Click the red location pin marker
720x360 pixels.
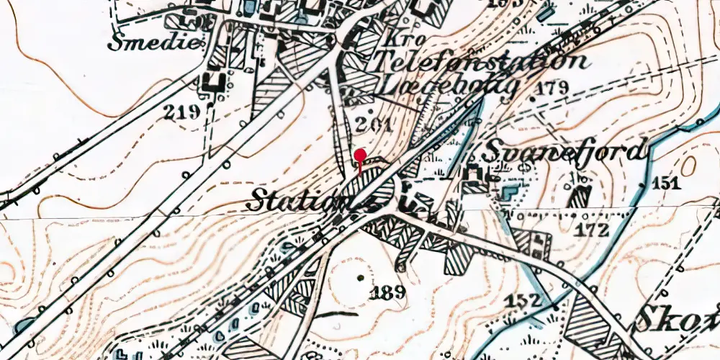(360, 156)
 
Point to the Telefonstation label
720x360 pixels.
(480, 62)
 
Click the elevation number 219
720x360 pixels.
(180, 112)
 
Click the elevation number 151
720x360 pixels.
(666, 184)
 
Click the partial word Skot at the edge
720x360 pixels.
(679, 318)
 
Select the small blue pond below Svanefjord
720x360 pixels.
(509, 193)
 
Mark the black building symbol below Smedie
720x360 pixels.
(214, 80)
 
